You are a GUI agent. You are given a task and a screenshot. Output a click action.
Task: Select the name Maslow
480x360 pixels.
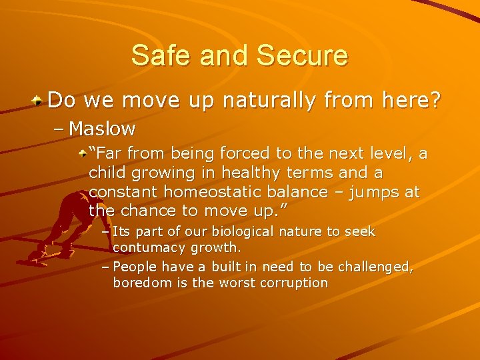(102, 127)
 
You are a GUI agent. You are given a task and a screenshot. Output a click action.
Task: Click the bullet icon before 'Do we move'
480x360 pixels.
(39, 101)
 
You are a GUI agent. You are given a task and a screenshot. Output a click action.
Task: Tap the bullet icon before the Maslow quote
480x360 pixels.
(81, 154)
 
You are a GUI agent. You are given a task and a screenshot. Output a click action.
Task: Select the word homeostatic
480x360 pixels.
(223, 191)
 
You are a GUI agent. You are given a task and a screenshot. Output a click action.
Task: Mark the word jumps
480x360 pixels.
(370, 191)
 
